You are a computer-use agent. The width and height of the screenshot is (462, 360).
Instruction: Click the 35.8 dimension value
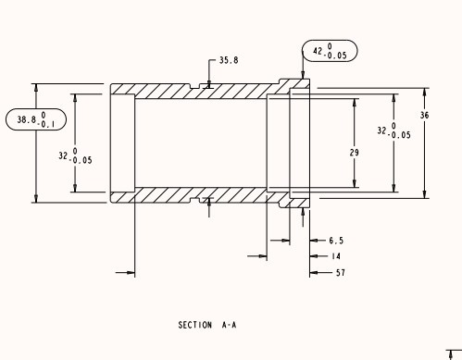(x=228, y=60)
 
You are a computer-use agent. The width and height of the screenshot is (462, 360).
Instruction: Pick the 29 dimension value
(x=355, y=151)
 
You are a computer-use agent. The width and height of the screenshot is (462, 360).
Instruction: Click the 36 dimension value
(x=425, y=115)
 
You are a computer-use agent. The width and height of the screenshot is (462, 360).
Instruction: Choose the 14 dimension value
(x=334, y=256)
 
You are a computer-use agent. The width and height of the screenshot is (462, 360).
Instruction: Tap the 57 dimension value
(x=340, y=273)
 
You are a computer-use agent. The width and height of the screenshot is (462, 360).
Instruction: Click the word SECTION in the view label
(x=195, y=326)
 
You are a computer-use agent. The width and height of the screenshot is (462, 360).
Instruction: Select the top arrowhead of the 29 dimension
(x=355, y=99)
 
